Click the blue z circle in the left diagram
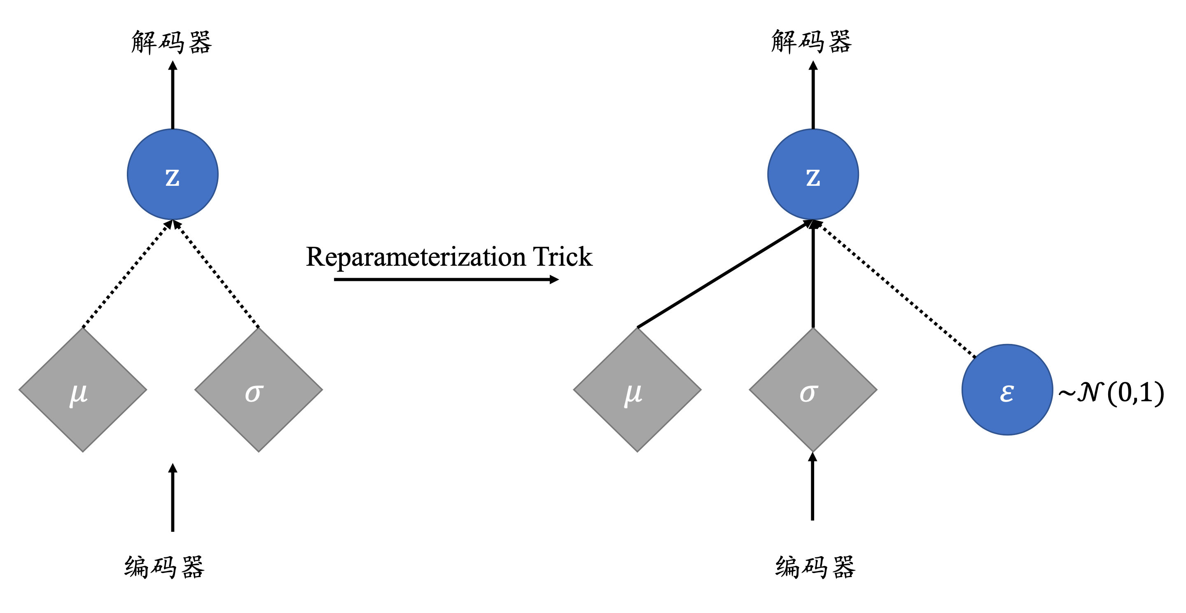[172, 175]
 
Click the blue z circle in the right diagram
[812, 175]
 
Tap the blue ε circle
[1007, 390]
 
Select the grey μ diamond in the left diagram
[83, 390]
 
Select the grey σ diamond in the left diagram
[258, 390]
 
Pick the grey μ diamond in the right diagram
[637, 390]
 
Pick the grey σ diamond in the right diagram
[812, 390]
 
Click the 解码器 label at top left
[171, 42]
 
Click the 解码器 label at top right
[811, 42]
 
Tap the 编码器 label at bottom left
[164, 566]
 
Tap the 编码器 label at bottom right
[815, 566]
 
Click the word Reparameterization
[416, 257]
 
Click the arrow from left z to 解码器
[173, 97]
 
